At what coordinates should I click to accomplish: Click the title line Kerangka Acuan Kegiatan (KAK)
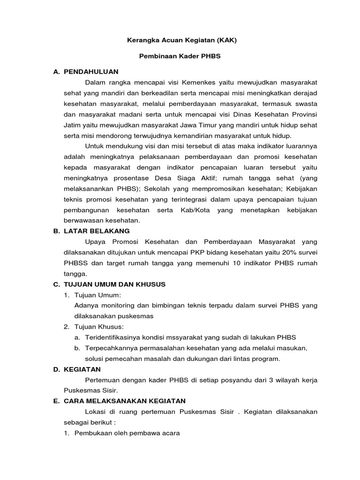click(182, 40)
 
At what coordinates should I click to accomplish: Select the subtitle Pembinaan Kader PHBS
click(180, 56)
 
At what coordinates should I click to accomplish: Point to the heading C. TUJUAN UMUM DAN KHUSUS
click(115, 285)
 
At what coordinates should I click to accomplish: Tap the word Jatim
click(73, 125)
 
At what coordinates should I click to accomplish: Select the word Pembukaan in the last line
click(91, 433)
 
